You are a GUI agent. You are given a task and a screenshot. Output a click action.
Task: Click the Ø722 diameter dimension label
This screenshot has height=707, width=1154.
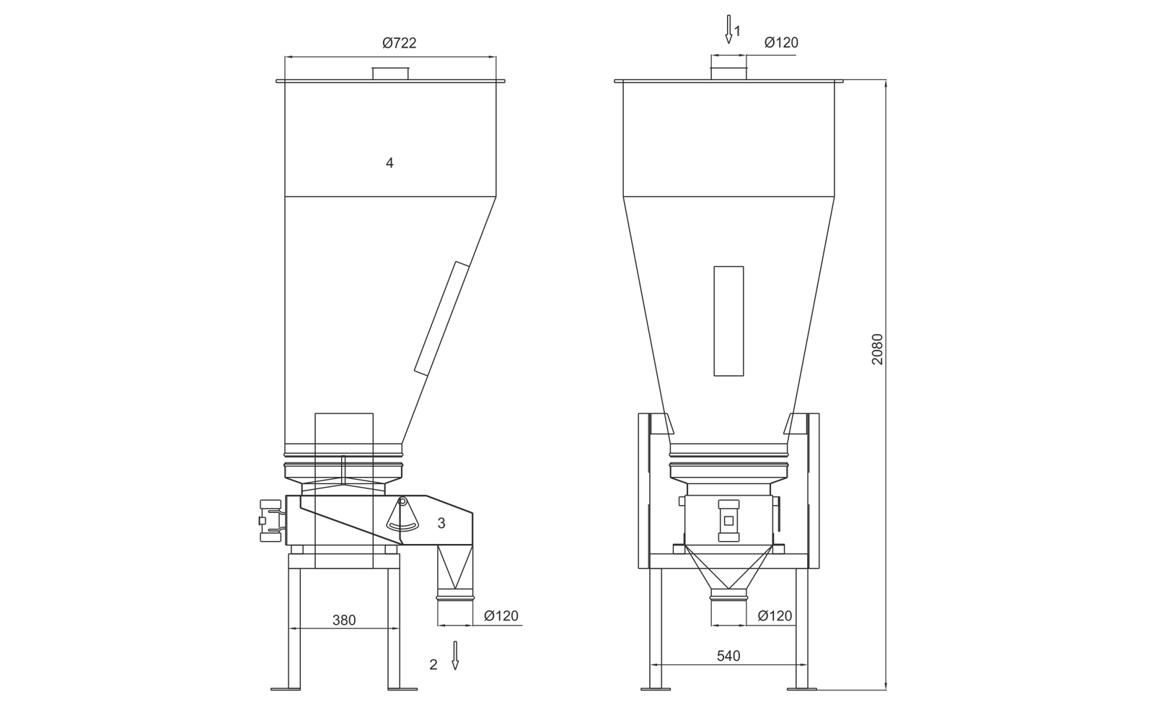point(400,43)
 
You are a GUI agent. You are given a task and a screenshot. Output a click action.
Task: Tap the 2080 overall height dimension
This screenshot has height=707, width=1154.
point(877,349)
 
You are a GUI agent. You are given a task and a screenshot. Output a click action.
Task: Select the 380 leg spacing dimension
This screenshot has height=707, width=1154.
point(343,620)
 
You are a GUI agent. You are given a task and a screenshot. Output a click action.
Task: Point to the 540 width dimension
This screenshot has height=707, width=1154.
point(728,656)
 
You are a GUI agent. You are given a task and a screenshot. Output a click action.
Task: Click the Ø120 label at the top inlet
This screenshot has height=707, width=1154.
point(781,43)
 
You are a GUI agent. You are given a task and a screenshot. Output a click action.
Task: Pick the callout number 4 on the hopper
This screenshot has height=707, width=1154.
point(389,163)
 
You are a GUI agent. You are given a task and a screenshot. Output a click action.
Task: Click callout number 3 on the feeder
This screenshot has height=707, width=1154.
point(441,523)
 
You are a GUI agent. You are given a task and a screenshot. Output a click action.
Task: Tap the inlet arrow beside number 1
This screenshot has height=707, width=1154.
point(728,30)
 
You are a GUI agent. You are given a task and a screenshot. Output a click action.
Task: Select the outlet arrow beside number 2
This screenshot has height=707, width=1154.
point(455,656)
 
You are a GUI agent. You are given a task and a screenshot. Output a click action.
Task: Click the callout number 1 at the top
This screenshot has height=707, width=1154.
point(737,32)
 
